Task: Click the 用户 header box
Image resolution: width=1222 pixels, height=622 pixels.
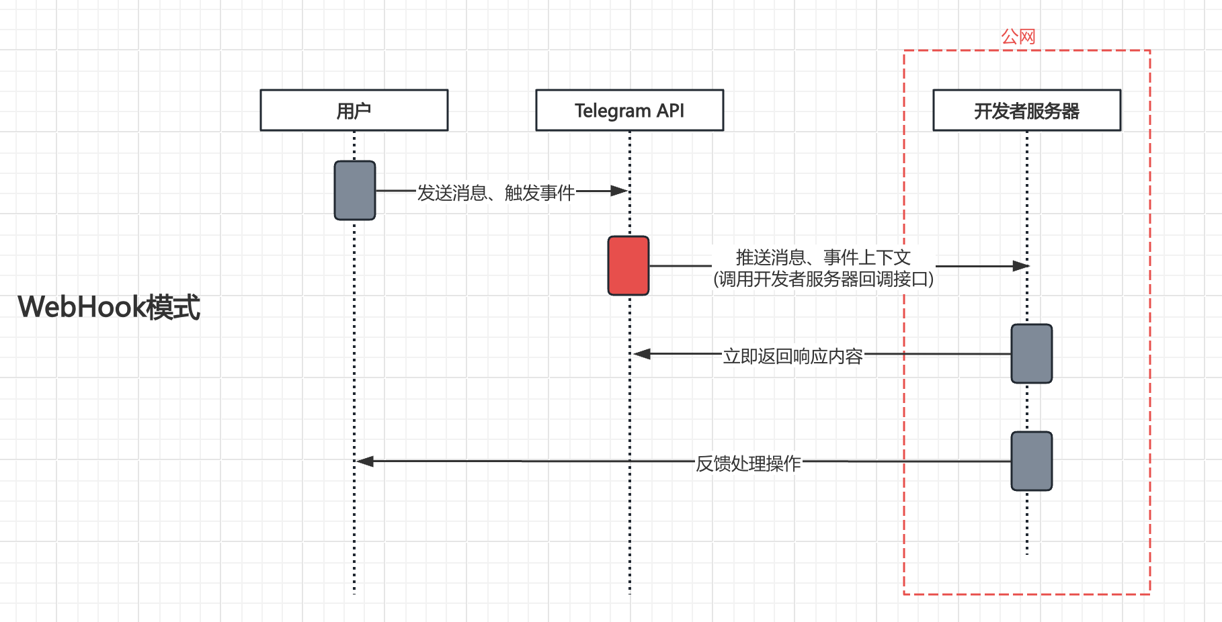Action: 354,110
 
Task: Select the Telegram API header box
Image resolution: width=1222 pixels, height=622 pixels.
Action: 629,110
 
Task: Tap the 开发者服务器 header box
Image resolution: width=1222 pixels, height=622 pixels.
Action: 1026,110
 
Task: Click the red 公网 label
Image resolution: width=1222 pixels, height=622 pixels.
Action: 1018,36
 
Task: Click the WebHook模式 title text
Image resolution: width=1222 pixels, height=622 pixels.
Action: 109,307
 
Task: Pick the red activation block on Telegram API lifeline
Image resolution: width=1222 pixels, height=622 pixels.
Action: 628,265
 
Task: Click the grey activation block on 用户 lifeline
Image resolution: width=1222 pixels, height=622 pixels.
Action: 354,190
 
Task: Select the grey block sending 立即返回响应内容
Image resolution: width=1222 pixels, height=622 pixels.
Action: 1031,353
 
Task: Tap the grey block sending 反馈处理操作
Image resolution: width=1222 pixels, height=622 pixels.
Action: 1031,461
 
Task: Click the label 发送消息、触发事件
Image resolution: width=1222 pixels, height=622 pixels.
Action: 495,193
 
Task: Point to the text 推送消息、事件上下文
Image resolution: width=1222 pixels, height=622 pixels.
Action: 823,257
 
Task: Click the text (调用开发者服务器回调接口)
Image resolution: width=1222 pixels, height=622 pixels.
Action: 823,279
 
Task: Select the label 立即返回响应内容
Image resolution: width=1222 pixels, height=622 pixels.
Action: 792,355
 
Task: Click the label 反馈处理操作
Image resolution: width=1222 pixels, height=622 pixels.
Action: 747,463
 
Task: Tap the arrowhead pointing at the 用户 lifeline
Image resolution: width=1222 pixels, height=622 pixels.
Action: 365,461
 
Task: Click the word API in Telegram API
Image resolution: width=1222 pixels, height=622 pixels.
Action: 670,110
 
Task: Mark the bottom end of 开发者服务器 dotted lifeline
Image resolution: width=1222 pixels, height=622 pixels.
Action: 1026,553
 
